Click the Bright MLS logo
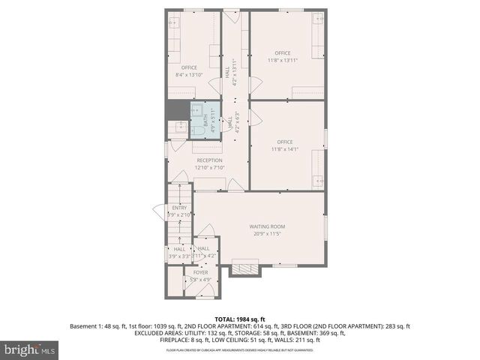click(x=30, y=349)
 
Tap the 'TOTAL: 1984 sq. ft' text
click(x=240, y=319)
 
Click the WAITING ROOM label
click(x=267, y=226)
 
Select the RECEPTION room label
click(x=209, y=160)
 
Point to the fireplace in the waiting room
click(x=243, y=267)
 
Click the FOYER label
click(x=200, y=272)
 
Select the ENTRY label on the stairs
click(x=179, y=208)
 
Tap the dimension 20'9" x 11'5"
click(x=267, y=233)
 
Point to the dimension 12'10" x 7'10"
click(x=209, y=167)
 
